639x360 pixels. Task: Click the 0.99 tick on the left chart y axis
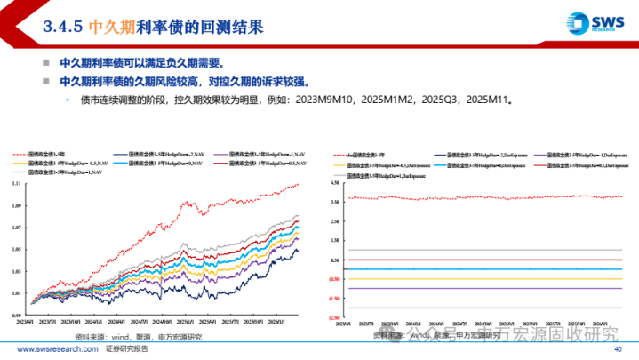[x=18, y=315]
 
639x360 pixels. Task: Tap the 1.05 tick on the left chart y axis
[x=18, y=249]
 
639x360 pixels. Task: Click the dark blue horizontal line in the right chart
[x=480, y=308]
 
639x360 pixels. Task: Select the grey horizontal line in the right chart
[x=480, y=250]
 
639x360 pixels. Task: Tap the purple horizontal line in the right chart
[x=480, y=288]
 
